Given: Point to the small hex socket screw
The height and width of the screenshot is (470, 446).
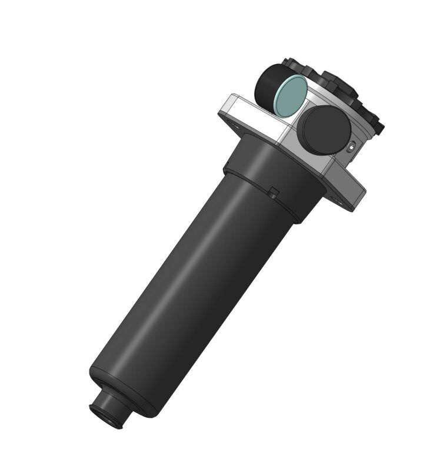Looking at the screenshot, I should (x=352, y=146).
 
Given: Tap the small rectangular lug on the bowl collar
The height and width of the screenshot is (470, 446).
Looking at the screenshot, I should (x=274, y=190).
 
